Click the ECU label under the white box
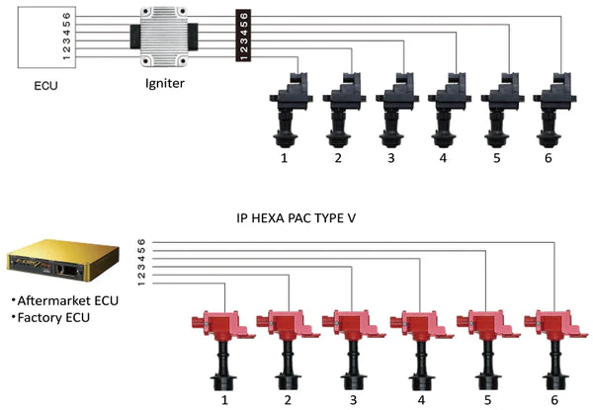click(x=45, y=86)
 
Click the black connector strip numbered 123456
click(x=243, y=36)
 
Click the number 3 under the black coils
click(x=392, y=157)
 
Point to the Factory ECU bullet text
click(x=49, y=318)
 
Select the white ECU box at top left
click(x=45, y=39)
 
